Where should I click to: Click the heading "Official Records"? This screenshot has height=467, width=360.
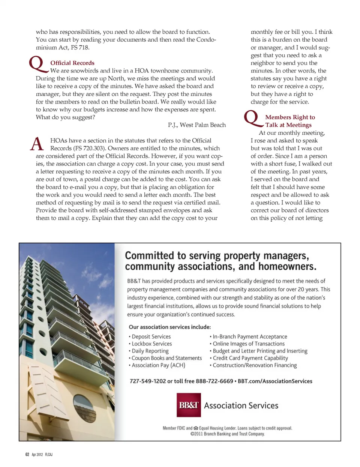(72, 63)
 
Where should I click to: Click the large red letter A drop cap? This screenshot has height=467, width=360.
(37, 144)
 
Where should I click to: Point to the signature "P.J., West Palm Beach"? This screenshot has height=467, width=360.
(196, 125)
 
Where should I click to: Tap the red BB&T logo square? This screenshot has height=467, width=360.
(189, 405)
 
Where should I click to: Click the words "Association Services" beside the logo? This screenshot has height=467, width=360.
(241, 405)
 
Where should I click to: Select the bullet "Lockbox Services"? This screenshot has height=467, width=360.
(151, 344)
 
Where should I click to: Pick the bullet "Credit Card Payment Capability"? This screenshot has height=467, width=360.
(250, 358)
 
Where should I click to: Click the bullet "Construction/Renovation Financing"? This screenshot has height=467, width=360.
(255, 365)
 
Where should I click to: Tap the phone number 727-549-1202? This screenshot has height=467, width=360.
(148, 381)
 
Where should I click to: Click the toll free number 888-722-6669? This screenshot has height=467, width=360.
(214, 381)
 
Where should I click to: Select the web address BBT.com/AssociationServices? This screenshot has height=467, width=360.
(275, 381)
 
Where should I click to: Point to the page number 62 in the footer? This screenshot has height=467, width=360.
(27, 454)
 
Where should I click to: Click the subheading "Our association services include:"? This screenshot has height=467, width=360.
(169, 327)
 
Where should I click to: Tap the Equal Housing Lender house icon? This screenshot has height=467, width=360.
(196, 428)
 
